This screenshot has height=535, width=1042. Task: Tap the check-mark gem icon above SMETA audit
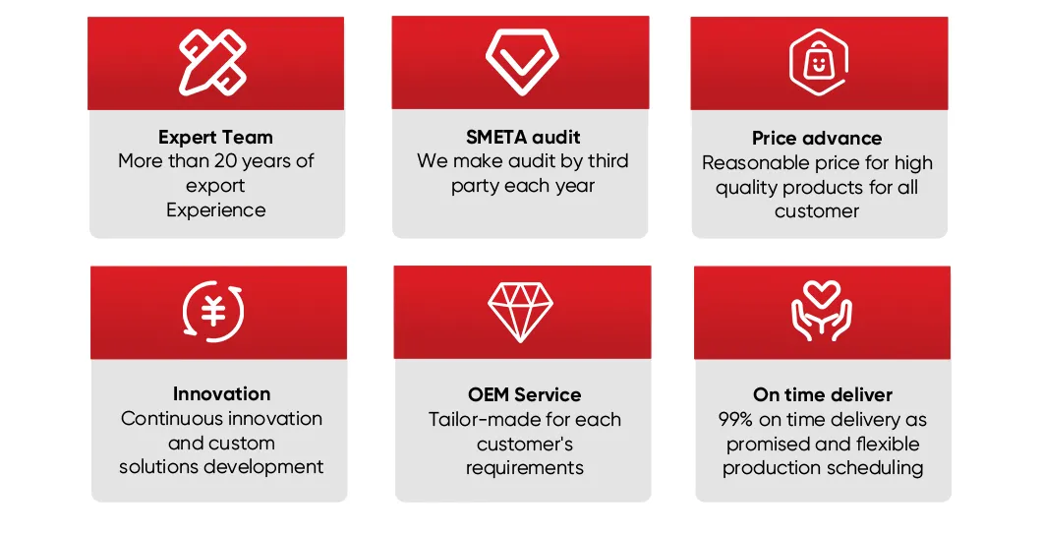click(522, 61)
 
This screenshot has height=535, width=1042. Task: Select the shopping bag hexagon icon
click(819, 63)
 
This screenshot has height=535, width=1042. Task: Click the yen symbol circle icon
click(214, 312)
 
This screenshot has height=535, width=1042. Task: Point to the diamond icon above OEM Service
click(521, 312)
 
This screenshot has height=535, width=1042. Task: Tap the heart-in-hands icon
click(822, 312)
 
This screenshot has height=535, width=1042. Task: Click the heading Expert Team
click(215, 138)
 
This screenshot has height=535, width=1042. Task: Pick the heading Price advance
click(817, 138)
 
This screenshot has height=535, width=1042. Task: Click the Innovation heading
click(221, 393)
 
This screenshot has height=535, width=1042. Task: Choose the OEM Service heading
click(524, 394)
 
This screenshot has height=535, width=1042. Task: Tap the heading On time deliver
click(823, 394)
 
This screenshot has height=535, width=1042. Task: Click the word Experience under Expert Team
click(215, 209)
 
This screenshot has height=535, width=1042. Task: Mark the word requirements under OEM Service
click(524, 468)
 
